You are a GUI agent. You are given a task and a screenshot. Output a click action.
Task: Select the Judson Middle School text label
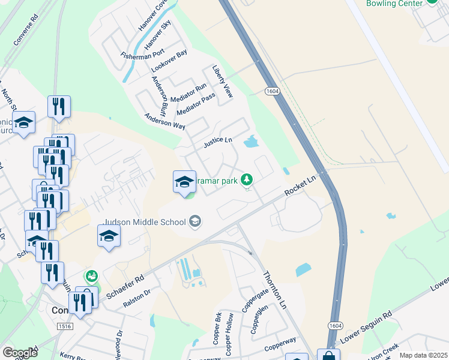click(x=145, y=222)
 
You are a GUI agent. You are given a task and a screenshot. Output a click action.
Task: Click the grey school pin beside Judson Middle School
click(x=194, y=223)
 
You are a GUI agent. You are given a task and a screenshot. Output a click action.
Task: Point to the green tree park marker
click(x=246, y=179)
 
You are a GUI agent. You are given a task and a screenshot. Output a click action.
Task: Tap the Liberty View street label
click(x=221, y=82)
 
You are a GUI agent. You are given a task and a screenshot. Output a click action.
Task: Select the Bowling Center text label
click(x=395, y=3)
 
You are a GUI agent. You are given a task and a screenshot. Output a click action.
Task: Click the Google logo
click(x=20, y=353)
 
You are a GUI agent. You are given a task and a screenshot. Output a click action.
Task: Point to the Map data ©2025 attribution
click(x=423, y=355)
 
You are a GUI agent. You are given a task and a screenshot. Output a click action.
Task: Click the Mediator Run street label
click(x=188, y=92)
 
